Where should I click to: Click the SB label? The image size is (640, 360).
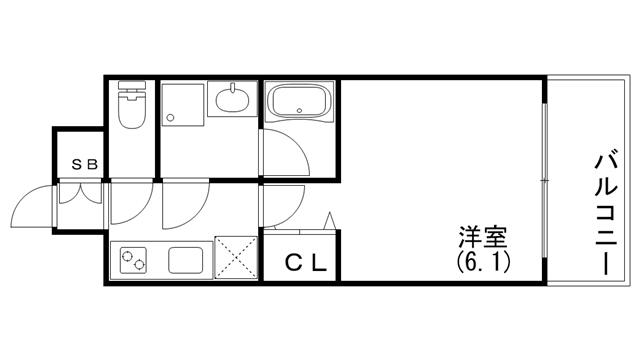tap(85, 164)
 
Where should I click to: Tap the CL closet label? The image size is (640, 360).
tap(306, 263)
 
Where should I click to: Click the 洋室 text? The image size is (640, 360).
tap(483, 237)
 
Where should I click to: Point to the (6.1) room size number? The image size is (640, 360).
tap(483, 262)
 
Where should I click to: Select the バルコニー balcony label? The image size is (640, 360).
tap(607, 214)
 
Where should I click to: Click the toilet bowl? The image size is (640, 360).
tap(131, 109)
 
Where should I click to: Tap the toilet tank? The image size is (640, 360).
tap(131, 85)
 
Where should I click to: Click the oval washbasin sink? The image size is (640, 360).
tap(232, 100)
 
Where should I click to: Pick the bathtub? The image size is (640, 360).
tap(299, 101)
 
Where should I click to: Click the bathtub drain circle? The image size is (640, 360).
tap(299, 110)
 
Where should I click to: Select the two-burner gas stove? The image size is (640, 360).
tap(133, 260)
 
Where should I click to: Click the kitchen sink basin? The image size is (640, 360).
tap(186, 260)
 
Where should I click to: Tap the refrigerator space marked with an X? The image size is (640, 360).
tap(236, 258)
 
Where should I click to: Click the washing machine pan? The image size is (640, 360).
tap(182, 105)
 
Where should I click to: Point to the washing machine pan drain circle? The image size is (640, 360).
tap(170, 118)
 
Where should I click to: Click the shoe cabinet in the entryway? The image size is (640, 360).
tap(80, 193)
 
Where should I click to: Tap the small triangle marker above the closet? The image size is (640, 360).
tap(330, 221)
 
